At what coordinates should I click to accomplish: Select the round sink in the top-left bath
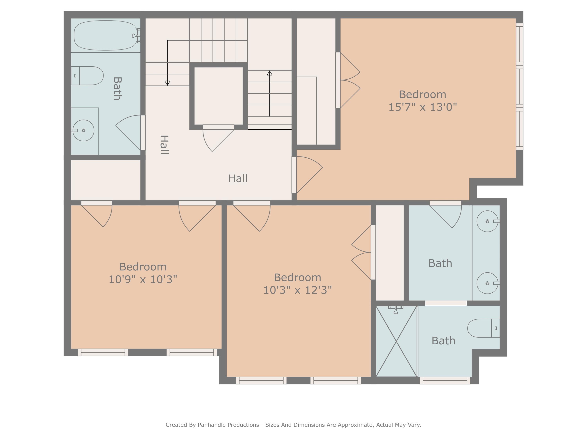(83, 130)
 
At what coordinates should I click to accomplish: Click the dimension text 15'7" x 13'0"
(422, 107)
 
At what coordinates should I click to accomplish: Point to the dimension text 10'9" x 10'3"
(143, 279)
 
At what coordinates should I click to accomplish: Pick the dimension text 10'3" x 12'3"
(297, 290)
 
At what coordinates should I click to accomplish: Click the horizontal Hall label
(238, 179)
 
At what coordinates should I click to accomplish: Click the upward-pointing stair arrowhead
(270, 73)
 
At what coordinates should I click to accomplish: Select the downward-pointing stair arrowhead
(167, 83)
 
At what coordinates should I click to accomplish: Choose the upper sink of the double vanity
(487, 221)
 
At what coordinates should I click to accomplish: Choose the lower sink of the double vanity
(487, 283)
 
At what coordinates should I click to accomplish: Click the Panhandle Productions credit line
(293, 425)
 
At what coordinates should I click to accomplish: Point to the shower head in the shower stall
(396, 310)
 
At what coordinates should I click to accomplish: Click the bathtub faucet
(136, 36)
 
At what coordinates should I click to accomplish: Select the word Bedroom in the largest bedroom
(422, 94)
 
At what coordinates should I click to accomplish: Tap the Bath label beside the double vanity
(440, 263)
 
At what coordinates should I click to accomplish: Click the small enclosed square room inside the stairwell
(218, 96)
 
